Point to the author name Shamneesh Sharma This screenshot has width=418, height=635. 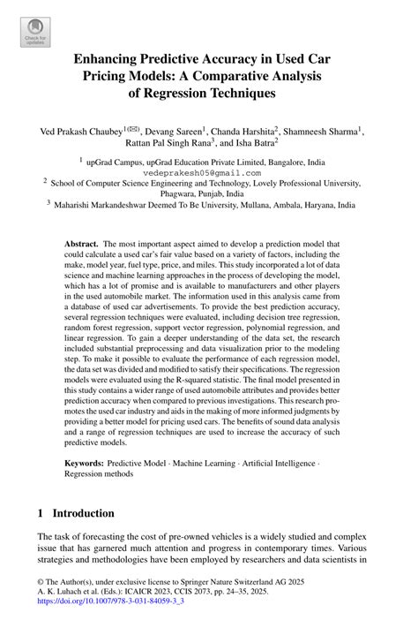click(x=323, y=132)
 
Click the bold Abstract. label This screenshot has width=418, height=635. click(x=83, y=243)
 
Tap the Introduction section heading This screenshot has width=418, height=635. click(x=83, y=512)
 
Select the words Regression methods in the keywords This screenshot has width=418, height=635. click(x=99, y=473)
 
